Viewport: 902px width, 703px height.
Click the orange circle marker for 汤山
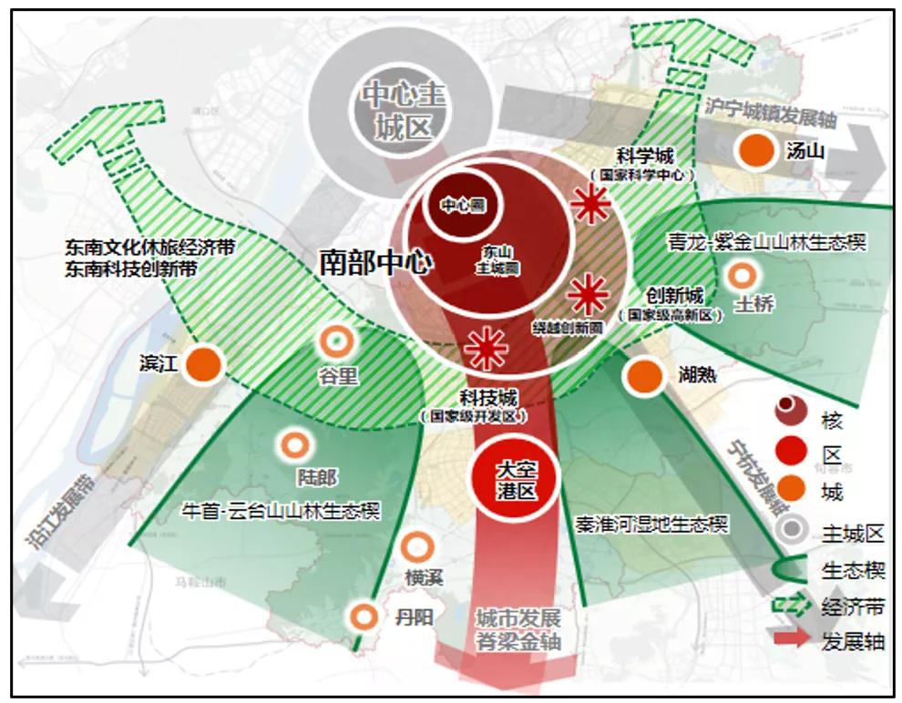tap(755, 150)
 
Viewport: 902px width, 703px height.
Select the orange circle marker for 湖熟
tap(644, 375)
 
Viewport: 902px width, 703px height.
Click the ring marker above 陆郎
tap(293, 445)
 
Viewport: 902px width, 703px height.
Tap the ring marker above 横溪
tap(416, 546)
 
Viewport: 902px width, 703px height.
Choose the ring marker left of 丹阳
tap(363, 616)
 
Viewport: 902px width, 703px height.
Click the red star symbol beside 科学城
tap(591, 206)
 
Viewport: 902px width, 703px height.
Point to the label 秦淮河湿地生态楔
tap(652, 525)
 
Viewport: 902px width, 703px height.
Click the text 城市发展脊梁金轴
tap(518, 629)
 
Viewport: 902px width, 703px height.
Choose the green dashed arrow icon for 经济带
tap(789, 605)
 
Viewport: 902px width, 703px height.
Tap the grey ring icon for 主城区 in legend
tap(789, 531)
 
